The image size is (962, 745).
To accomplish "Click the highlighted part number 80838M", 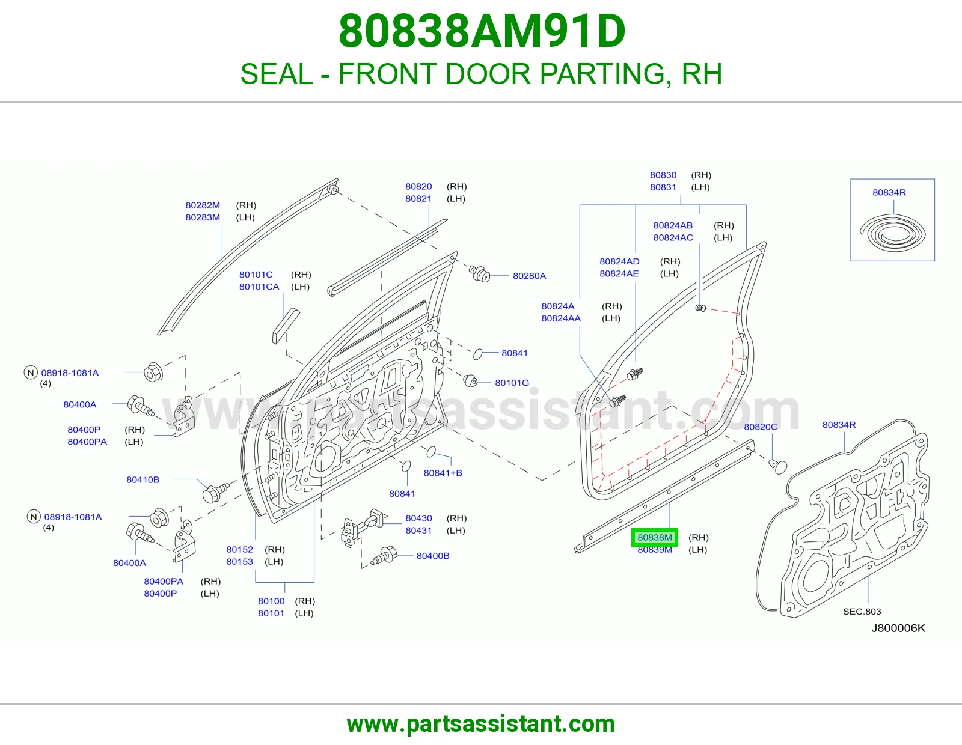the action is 654,538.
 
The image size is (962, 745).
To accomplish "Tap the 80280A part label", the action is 529,276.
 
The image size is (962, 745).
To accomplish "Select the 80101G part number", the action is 512,383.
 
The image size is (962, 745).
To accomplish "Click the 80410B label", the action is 142,479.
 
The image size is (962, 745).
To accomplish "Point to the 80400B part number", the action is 432,556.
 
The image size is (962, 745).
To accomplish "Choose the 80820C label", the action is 760,427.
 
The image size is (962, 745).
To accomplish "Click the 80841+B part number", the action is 443,473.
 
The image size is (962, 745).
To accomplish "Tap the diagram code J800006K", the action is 898,628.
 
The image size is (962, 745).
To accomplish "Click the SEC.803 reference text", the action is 862,612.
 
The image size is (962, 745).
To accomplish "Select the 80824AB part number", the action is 672,225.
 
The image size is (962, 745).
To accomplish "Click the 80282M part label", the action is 202,205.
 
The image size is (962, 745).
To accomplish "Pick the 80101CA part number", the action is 259,287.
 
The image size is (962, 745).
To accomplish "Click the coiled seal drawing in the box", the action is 892,233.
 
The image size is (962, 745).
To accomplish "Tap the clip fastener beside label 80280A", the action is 479,273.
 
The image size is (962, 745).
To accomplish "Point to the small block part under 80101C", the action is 286,326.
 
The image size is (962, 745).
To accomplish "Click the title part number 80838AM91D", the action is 482,31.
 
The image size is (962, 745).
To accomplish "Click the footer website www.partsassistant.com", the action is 481,724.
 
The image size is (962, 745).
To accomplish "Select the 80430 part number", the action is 418,518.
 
